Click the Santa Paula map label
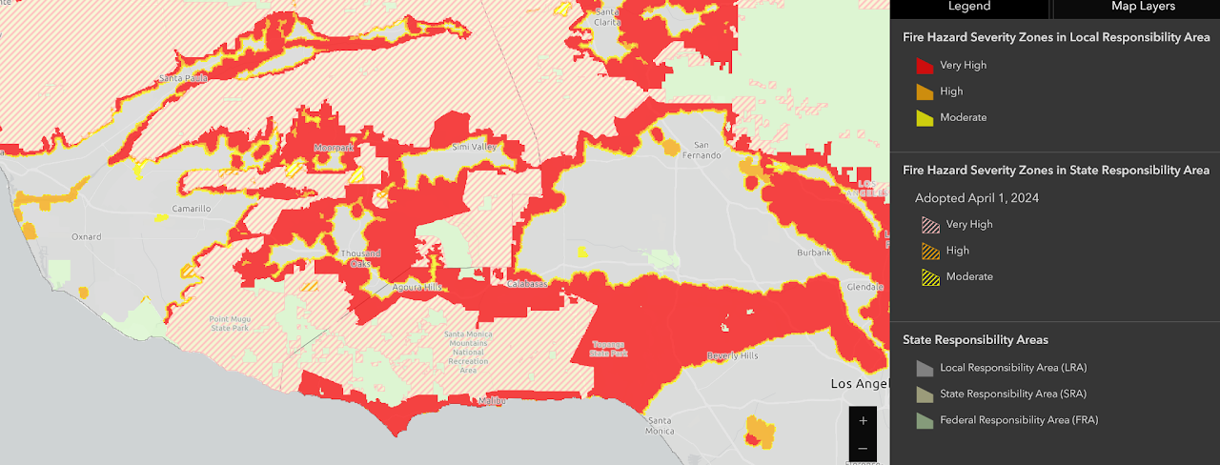pyautogui.click(x=183, y=78)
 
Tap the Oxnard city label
pyautogui.click(x=87, y=237)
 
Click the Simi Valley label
pyautogui.click(x=474, y=147)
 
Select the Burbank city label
pyautogui.click(x=814, y=253)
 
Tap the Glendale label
pyautogui.click(x=864, y=287)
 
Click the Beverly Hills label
pyautogui.click(x=731, y=355)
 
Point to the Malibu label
pyautogui.click(x=492, y=401)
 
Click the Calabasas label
pyautogui.click(x=527, y=283)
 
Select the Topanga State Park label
pyautogui.click(x=609, y=348)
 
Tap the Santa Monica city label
pyautogui.click(x=660, y=425)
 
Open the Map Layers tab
pyautogui.click(x=1143, y=7)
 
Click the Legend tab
pyautogui.click(x=968, y=7)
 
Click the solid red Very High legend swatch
pyautogui.click(x=925, y=66)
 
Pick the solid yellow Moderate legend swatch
pyautogui.click(x=925, y=118)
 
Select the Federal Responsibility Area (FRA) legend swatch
pyautogui.click(x=925, y=420)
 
